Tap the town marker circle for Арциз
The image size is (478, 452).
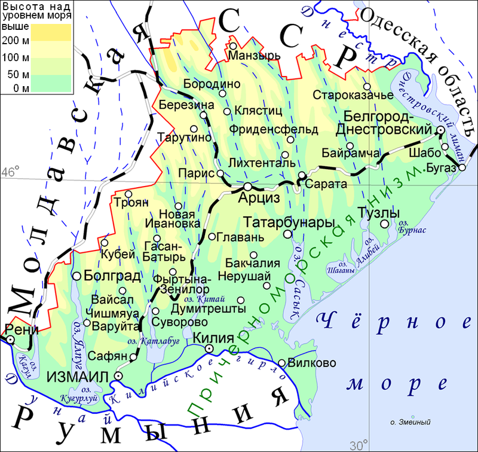[x=247, y=185]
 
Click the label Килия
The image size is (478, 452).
[x=213, y=337]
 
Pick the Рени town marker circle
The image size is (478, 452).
[x=11, y=340]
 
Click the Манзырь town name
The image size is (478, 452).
[x=255, y=56]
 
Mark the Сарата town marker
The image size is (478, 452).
[x=302, y=175]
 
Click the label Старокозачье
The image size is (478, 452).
[x=353, y=95]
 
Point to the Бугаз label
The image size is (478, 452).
[x=442, y=169]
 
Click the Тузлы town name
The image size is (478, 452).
[x=378, y=213]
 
